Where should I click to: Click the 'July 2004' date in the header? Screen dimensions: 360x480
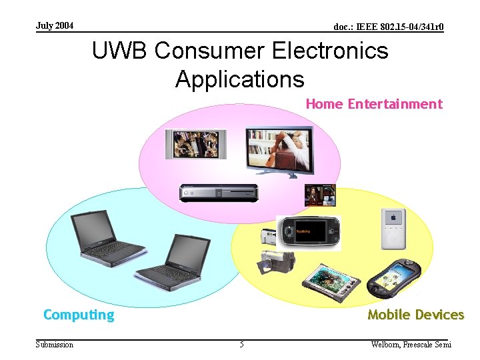(x=55, y=26)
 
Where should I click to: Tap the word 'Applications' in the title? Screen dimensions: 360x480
(x=239, y=79)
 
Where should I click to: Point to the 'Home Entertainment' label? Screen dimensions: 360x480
(x=373, y=104)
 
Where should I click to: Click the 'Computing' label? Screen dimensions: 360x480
(x=79, y=315)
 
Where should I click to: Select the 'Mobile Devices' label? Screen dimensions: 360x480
(x=415, y=315)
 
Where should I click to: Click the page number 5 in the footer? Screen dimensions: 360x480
(x=241, y=345)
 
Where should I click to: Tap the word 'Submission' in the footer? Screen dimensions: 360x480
(x=55, y=345)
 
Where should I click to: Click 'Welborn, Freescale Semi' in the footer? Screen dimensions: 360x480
(x=411, y=345)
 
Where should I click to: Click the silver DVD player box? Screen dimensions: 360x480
(x=218, y=192)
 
